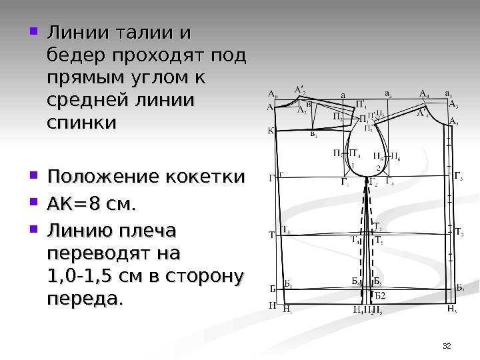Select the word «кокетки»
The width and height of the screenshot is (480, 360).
click(x=209, y=178)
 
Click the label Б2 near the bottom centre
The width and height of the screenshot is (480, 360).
click(x=379, y=295)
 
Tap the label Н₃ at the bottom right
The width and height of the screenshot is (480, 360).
click(x=451, y=310)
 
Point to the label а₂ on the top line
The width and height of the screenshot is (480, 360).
click(x=389, y=94)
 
